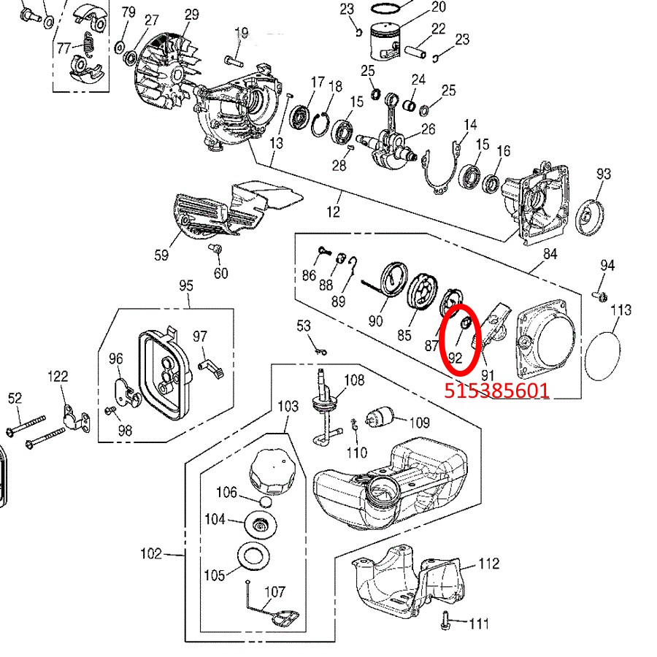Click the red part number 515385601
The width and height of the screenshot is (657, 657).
tap(496, 391)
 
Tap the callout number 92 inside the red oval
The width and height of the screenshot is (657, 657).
tap(455, 358)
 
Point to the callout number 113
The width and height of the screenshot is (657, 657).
tap(620, 310)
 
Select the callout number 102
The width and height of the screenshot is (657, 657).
tap(151, 554)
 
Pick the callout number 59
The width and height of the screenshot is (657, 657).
tap(161, 255)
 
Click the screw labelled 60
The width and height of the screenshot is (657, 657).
tap(216, 250)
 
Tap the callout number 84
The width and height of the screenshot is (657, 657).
tap(550, 255)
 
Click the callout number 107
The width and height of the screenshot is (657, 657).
tap(275, 593)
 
